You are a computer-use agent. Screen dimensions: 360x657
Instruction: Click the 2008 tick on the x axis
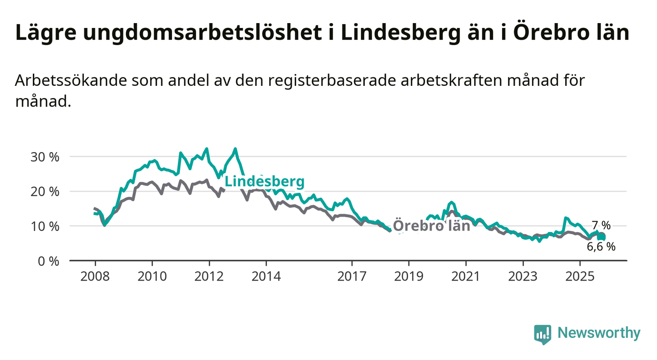click(95, 276)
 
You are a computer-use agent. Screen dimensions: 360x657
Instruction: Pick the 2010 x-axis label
click(152, 276)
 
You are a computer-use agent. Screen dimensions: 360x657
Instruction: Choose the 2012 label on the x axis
click(209, 276)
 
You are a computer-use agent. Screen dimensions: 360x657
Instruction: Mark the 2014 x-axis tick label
click(266, 276)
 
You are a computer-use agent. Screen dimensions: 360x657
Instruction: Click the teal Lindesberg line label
click(264, 182)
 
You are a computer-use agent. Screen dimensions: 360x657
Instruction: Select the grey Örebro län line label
click(431, 226)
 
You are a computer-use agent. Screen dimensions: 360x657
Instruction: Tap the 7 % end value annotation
click(601, 226)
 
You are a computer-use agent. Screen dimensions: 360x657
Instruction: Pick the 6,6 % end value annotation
click(601, 247)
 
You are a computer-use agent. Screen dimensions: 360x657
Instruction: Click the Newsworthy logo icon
click(542, 334)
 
